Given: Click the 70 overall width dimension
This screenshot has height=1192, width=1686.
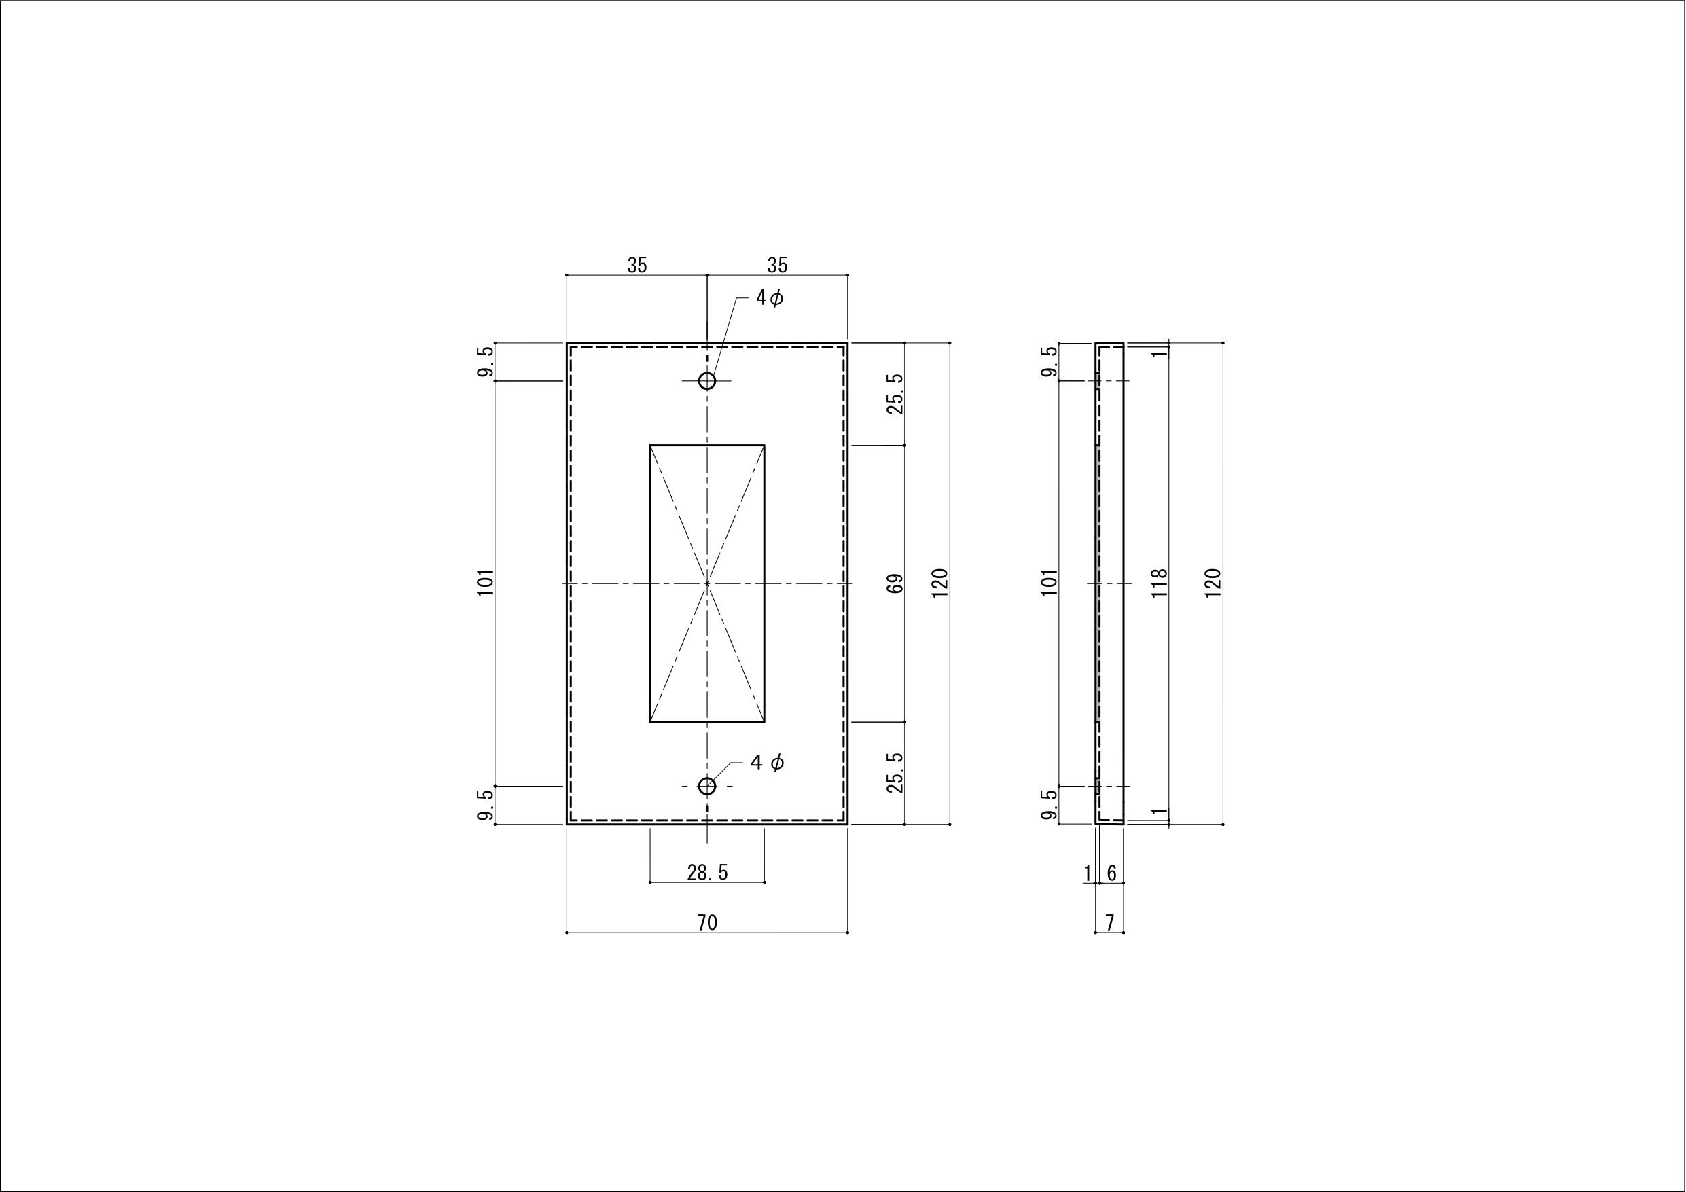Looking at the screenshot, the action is click(707, 922).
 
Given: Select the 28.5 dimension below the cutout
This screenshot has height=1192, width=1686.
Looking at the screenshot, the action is click(707, 873).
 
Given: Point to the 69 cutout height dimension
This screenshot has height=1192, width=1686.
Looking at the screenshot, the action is click(895, 584).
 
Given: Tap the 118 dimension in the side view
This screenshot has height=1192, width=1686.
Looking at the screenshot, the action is click(1159, 583).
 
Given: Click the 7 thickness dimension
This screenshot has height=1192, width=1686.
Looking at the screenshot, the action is click(1109, 922).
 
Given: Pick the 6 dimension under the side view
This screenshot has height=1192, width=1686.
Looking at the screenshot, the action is click(1112, 873).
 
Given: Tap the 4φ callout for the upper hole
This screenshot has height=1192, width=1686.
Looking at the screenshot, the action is click(770, 297).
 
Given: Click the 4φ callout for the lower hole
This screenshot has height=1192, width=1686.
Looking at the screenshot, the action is click(768, 762).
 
